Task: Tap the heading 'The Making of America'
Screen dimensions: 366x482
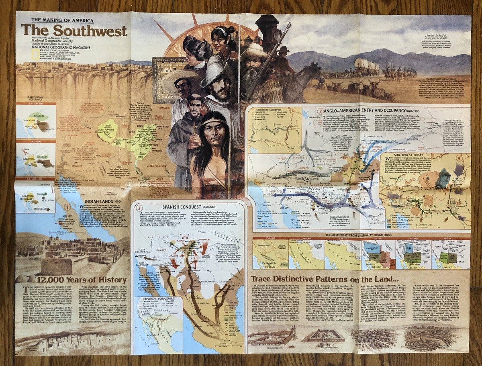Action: coord(57,20)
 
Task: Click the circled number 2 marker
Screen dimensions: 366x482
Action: coord(139,208)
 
